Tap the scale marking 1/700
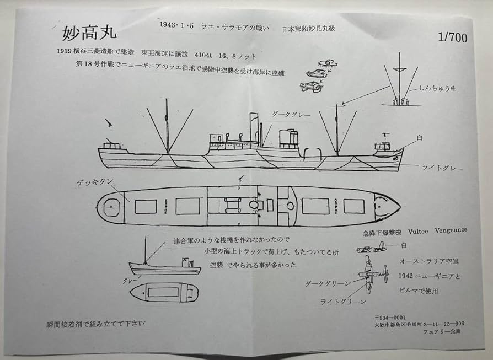[x=452, y=38]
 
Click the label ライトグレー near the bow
[x=441, y=168]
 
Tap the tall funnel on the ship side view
[x=254, y=127]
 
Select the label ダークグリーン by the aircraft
[x=328, y=283]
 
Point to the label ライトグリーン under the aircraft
[x=342, y=302]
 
